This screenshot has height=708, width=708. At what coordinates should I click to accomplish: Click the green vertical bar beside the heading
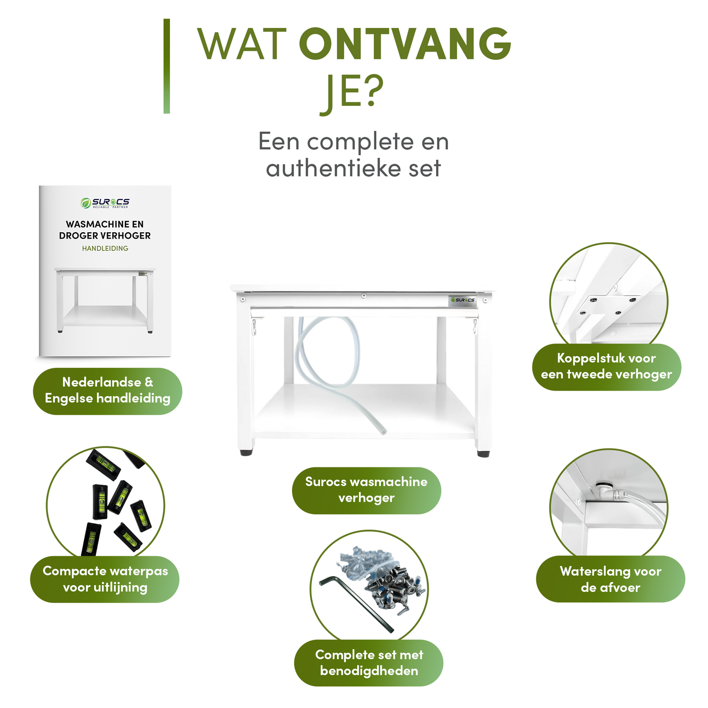167,66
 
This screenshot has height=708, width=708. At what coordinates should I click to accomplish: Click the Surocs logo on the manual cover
105,202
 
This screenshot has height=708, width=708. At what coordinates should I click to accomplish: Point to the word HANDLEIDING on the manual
105,248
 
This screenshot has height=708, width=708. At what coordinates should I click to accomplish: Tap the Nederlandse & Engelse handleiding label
107,391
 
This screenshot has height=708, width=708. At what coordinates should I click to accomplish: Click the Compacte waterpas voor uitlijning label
105,579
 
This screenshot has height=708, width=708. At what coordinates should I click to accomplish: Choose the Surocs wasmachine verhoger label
366,490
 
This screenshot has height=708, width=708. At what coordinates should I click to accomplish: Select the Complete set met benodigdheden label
368,663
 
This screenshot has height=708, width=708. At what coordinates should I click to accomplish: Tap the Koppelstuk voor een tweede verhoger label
607,366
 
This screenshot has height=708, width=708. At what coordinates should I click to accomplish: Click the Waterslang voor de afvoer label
610,579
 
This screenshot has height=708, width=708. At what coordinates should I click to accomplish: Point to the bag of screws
387,578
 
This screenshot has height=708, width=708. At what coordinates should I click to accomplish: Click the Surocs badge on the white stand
463,300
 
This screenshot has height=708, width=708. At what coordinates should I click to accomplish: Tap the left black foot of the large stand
246,452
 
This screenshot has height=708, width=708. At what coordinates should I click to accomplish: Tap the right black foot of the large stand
483,453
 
